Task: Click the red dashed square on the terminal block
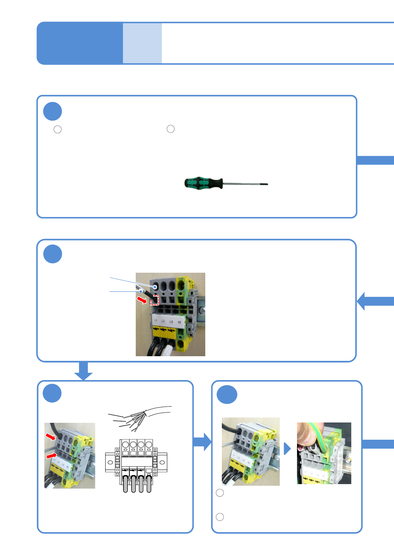click(155, 300)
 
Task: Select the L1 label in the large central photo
click(156, 321)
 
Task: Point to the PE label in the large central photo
click(179, 322)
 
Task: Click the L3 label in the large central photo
click(171, 321)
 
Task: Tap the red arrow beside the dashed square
click(142, 300)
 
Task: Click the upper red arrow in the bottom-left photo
click(51, 436)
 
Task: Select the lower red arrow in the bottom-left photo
click(51, 456)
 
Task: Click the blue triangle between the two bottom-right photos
click(287, 449)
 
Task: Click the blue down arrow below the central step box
click(83, 371)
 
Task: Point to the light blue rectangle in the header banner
click(142, 43)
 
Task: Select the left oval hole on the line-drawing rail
click(111, 462)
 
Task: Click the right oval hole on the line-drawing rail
click(162, 462)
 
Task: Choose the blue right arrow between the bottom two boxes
click(202, 442)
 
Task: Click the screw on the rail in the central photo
click(202, 310)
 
